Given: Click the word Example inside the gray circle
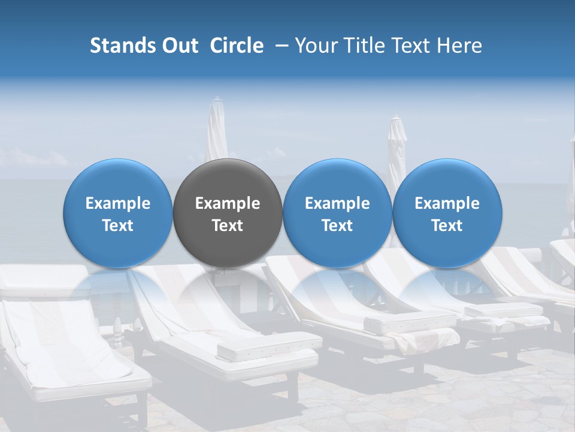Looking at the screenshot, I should tap(228, 203).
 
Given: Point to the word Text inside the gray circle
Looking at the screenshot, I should tap(228, 226).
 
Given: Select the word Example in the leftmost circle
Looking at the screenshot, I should tap(118, 203).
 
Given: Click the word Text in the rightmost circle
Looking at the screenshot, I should tap(447, 226).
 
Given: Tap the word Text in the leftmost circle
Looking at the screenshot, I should tap(118, 226).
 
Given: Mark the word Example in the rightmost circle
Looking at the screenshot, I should tap(447, 203).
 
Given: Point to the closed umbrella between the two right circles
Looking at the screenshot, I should tap(396, 147).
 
